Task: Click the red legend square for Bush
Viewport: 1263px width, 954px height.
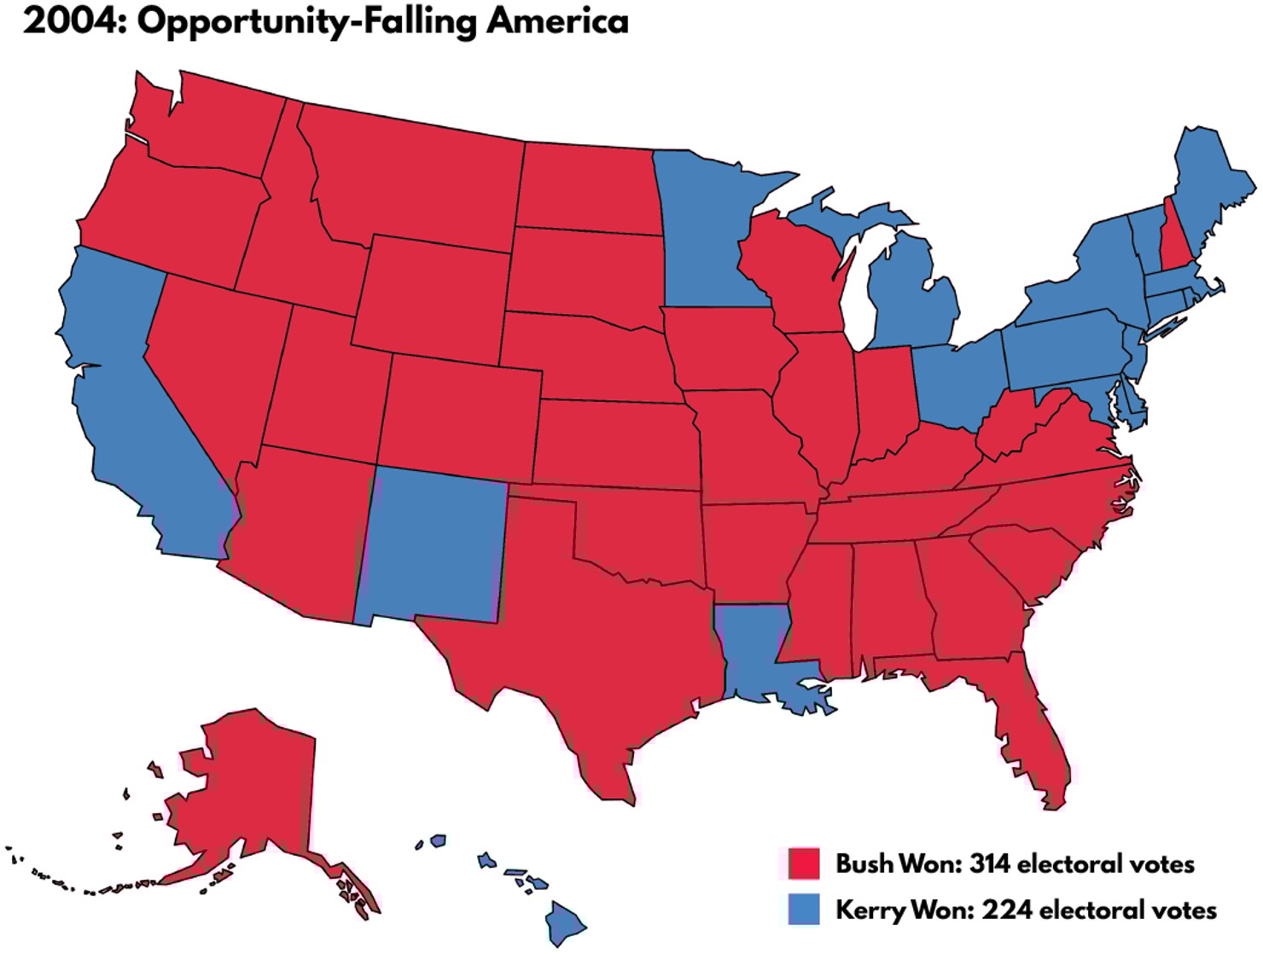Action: [803, 863]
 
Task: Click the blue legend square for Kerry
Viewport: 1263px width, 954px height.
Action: [803, 909]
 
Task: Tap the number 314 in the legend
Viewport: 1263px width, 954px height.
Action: [990, 864]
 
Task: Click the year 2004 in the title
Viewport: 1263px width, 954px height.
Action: [72, 20]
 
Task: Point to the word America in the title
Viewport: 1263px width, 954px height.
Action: [557, 20]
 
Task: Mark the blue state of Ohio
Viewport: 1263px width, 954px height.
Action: [956, 380]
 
